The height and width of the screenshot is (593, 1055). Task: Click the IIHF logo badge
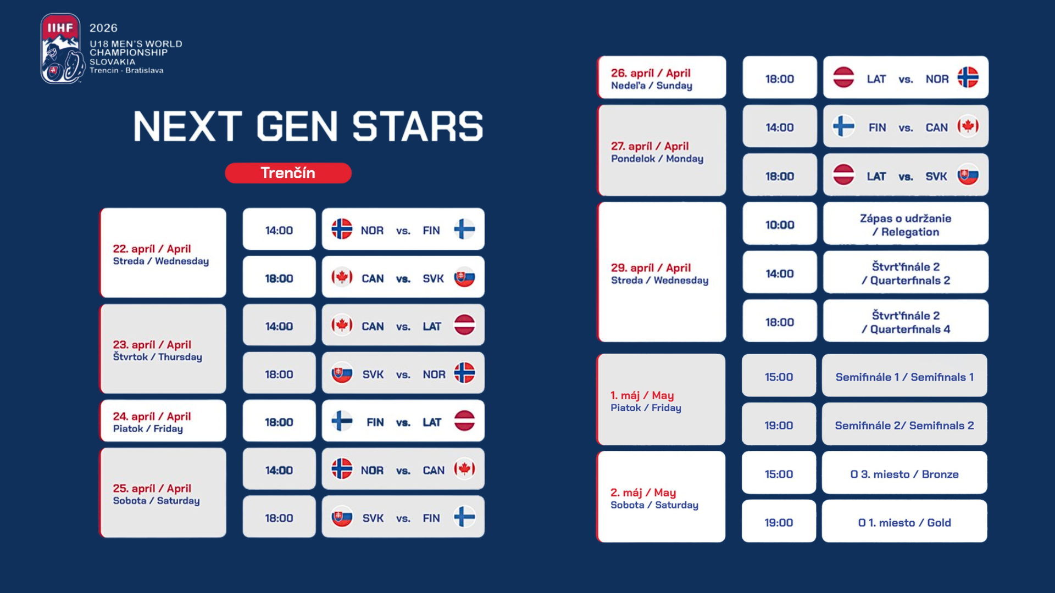pyautogui.click(x=62, y=49)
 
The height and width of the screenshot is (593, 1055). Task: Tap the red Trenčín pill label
pyautogui.click(x=288, y=173)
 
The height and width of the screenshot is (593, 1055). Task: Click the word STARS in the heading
pyautogui.click(x=418, y=127)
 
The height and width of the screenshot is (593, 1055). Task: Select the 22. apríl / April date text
pyautogui.click(x=152, y=249)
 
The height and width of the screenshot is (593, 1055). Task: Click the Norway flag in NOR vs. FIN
pyautogui.click(x=342, y=229)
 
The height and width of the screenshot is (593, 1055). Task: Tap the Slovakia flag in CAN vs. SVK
pyautogui.click(x=464, y=277)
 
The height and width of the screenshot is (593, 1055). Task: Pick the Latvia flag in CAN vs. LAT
pyautogui.click(x=464, y=325)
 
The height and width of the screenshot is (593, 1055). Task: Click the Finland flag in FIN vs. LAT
pyautogui.click(x=342, y=421)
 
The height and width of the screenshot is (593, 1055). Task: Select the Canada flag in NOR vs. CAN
pyautogui.click(x=464, y=469)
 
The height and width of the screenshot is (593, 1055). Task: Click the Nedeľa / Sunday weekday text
pyautogui.click(x=652, y=86)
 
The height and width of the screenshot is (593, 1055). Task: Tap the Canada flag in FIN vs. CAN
pyautogui.click(x=968, y=126)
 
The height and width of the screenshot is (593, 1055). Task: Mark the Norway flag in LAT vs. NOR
pyautogui.click(x=968, y=77)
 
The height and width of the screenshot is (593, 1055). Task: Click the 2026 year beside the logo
pyautogui.click(x=103, y=28)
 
